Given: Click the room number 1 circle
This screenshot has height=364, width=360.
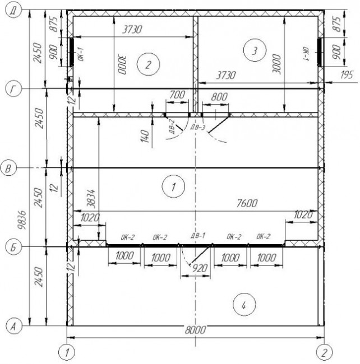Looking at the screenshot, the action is coord(173,186).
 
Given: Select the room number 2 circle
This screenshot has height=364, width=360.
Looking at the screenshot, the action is coord(148,64).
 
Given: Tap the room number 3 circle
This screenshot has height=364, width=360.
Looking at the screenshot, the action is coord(255,50).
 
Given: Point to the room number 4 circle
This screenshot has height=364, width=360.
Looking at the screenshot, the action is coord(244,305).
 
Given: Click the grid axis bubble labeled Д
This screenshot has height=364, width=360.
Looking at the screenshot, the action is coord(13,11).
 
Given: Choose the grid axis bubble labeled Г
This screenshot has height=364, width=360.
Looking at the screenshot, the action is coord(13,90).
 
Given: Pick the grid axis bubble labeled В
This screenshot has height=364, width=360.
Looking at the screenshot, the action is coord(8,168).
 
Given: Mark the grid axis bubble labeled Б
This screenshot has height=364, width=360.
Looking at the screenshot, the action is coord(13,247).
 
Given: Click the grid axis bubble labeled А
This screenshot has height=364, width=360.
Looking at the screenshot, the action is coord(13,326).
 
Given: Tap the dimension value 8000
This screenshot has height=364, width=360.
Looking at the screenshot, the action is coord(195,330).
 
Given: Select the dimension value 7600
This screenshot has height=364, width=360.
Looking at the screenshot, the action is coord(247,203).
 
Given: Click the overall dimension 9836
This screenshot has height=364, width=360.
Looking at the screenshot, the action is coord(22,220).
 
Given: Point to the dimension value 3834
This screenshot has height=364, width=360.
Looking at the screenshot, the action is coord(91,198).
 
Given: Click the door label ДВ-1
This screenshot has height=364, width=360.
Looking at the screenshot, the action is coord(198,236).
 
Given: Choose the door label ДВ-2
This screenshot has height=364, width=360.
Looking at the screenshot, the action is coord(172,127).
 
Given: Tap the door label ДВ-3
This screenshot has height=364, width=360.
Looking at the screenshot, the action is coord(197,127).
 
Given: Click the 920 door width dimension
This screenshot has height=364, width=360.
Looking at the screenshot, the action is coord(200,268).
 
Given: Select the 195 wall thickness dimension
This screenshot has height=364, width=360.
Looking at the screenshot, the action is coord(347,74).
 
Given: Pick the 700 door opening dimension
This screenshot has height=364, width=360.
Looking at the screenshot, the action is coord(177,95).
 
